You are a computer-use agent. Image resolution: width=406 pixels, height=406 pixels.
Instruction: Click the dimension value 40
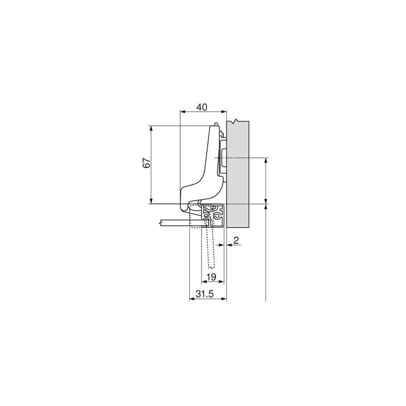pyautogui.click(x=202, y=107)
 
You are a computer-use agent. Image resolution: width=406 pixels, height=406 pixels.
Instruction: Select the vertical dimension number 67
pyautogui.click(x=146, y=163)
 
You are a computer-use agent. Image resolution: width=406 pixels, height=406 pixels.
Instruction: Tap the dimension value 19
pyautogui.click(x=212, y=277)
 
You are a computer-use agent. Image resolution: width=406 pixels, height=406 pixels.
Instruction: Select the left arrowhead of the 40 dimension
pyautogui.click(x=183, y=113)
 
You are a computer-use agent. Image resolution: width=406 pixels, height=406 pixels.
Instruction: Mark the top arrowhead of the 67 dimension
pyautogui.click(x=151, y=128)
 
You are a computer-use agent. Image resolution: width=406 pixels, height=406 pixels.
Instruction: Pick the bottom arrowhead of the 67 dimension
pyautogui.click(x=151, y=201)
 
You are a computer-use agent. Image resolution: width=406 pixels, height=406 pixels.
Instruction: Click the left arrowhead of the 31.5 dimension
pyautogui.click(x=192, y=299)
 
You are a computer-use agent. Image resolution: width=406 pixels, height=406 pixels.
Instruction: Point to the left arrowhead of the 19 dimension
pyautogui.click(x=205, y=282)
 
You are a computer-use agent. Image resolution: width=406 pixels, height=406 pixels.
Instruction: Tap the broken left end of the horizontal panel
pyautogui.click(x=161, y=222)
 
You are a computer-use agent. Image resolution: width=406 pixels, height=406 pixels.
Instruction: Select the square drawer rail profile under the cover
pyautogui.click(x=213, y=215)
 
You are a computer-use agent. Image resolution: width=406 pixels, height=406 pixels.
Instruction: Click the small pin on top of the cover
pyautogui.click(x=217, y=123)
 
